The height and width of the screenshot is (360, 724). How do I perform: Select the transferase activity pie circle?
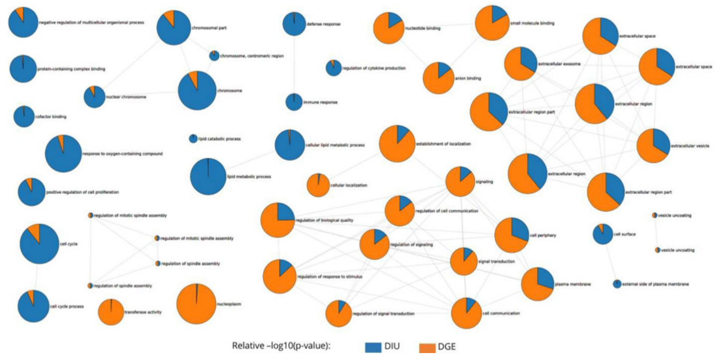coord(111,312)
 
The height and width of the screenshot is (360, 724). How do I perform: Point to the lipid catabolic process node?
coord(193,139)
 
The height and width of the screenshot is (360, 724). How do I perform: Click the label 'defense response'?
coord(324,24)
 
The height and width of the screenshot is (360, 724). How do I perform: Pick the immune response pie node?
coord(294,102)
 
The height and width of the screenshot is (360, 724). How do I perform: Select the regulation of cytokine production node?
coord(333,68)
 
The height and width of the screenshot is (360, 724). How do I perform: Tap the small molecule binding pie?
coord(492,23)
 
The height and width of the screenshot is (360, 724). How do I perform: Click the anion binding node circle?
coord(438,78)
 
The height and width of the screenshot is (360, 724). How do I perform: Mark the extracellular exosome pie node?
coord(520,63)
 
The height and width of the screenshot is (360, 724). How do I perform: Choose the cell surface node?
coord(602,234)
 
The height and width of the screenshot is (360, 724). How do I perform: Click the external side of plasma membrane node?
coord(617,284)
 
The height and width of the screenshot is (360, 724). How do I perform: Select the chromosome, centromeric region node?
coord(214,55)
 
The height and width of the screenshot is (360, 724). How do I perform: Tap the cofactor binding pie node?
coord(23,116)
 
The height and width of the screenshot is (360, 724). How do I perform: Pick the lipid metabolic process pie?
coord(208,177)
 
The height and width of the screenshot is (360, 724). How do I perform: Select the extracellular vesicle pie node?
coord(653,146)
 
